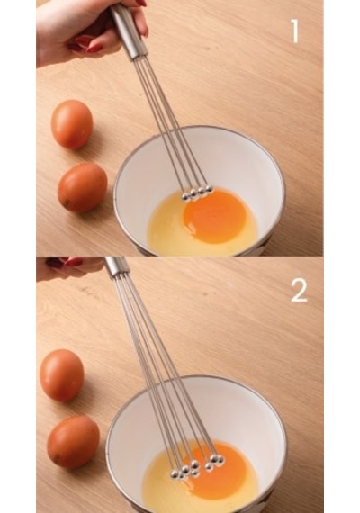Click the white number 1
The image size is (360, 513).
tap(295, 31)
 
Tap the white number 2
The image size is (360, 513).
tap(299, 290)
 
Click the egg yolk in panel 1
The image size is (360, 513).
tap(214, 216)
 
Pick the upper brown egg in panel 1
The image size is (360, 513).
tap(72, 124)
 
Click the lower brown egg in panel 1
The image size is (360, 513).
tap(83, 187)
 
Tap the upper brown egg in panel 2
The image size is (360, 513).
tap(62, 375)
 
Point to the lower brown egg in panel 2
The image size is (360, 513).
tap(73, 442)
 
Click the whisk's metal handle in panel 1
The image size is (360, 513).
tap(128, 32)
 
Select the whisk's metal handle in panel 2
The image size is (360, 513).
tap(116, 266)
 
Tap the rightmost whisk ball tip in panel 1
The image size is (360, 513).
tap(210, 189)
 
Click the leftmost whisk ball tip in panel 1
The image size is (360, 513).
tap(186, 196)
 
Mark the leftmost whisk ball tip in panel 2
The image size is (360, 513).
tap(175, 473)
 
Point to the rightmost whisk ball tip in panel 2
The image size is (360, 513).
tap(220, 460)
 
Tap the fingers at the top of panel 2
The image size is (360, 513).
tap(69, 267)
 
